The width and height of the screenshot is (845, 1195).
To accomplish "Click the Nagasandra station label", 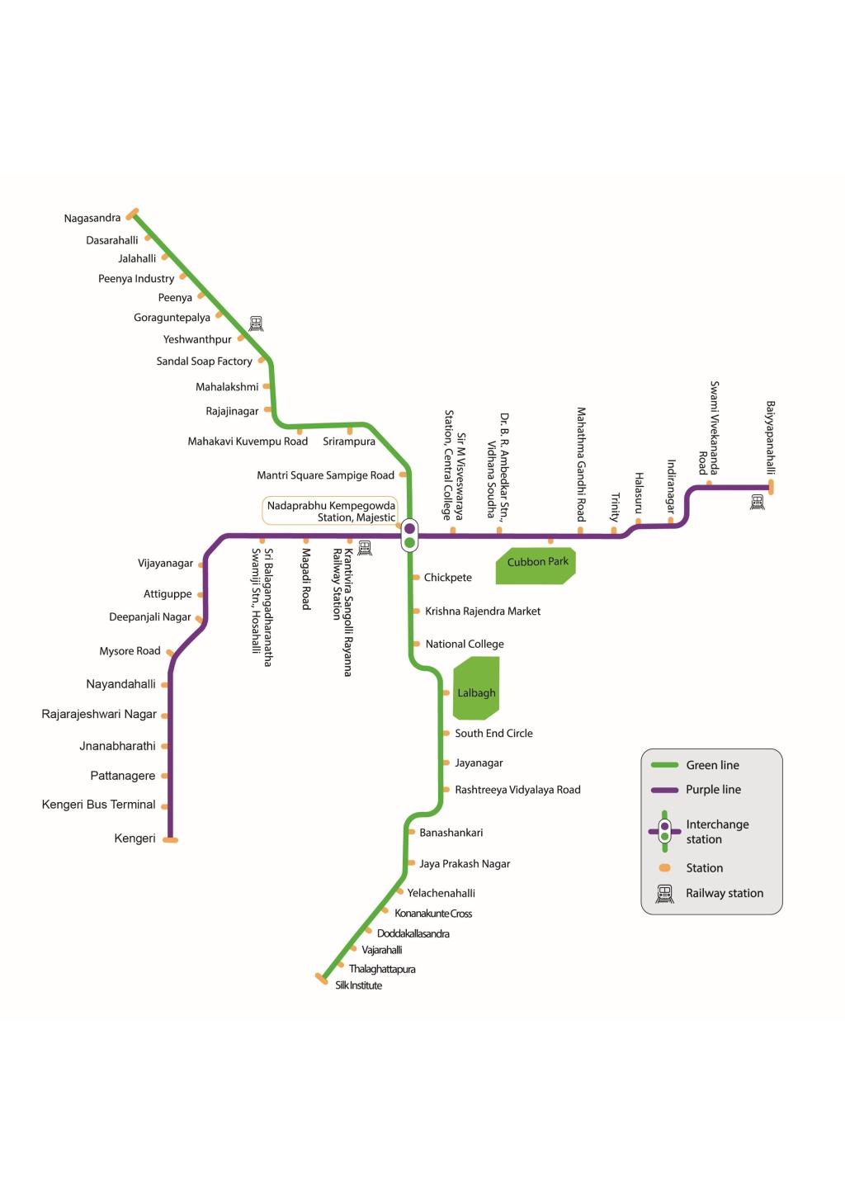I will click(92, 219).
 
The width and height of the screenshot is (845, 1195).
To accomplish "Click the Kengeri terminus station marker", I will click(171, 840).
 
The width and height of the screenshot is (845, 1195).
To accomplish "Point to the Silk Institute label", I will click(359, 985).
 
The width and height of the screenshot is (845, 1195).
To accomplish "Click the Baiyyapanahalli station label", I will click(770, 437).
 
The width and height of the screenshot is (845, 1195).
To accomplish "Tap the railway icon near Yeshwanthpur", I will click(256, 324).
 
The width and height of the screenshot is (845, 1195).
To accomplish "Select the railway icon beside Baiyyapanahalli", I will click(757, 502).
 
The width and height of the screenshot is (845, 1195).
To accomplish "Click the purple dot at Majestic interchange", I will click(409, 528).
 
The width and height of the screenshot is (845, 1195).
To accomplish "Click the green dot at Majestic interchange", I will click(409, 542).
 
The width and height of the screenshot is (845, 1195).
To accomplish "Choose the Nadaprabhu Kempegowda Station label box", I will click(330, 511).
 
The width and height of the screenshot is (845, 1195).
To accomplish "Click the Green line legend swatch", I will click(664, 765).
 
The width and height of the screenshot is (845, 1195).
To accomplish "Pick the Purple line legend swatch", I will click(664, 790).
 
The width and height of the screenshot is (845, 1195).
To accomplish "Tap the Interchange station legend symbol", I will click(664, 831).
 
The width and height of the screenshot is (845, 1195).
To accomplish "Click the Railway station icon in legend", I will click(664, 894).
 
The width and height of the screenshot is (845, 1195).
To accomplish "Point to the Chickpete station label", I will click(448, 578).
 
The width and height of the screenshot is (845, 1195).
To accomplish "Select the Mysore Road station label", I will click(130, 651).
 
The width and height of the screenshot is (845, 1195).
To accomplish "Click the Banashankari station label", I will click(451, 833).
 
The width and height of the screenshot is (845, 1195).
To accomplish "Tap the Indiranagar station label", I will click(671, 486).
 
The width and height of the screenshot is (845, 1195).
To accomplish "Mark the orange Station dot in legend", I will click(665, 868).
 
